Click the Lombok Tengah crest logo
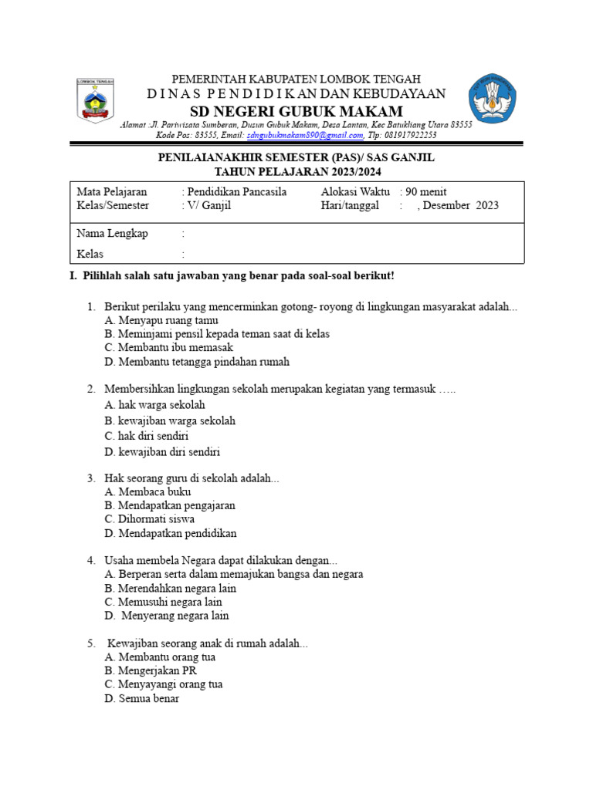point(95,100)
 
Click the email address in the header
point(305,134)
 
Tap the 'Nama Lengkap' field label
point(113,233)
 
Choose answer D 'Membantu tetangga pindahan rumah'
point(197,361)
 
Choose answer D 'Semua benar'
point(142,698)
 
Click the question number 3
point(90,478)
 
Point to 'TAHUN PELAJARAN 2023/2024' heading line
point(297,171)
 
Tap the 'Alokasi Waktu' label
point(355,191)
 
